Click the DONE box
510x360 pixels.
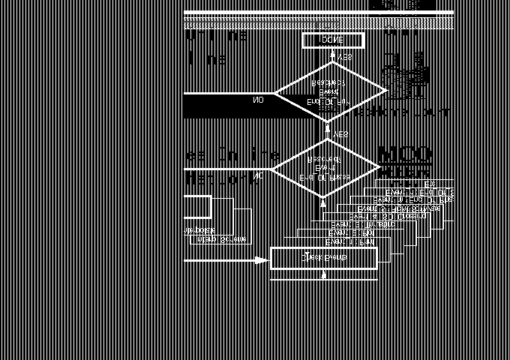click(332, 40)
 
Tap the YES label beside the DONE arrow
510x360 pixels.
click(345, 57)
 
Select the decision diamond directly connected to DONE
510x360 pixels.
click(330, 91)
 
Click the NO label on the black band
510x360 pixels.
click(258, 100)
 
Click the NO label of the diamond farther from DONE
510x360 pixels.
click(258, 177)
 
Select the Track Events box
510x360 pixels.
click(323, 258)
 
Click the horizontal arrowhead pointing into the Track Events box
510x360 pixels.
click(260, 261)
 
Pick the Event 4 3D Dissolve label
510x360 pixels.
click(388, 216)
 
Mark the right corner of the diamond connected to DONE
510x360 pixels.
click(386, 91)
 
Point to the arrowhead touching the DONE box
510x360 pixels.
click(332, 53)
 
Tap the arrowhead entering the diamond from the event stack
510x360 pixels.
click(323, 202)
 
